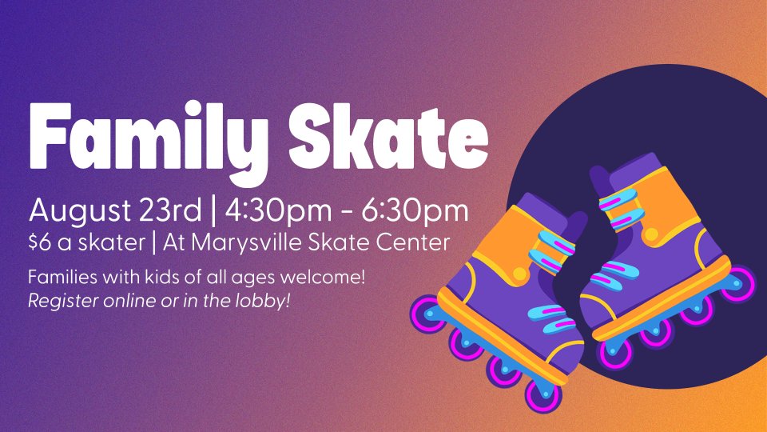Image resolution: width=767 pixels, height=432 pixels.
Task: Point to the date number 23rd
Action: (x=170, y=210)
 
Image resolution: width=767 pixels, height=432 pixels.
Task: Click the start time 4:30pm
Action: (x=278, y=211)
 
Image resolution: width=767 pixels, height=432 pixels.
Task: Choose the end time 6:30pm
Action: (x=415, y=211)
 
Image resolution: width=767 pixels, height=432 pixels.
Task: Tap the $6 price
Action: (x=39, y=242)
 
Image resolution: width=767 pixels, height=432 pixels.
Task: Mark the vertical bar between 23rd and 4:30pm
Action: (x=213, y=211)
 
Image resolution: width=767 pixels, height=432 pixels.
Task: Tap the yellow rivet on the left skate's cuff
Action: (x=520, y=274)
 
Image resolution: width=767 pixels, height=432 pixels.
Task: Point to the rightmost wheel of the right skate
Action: (x=738, y=283)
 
